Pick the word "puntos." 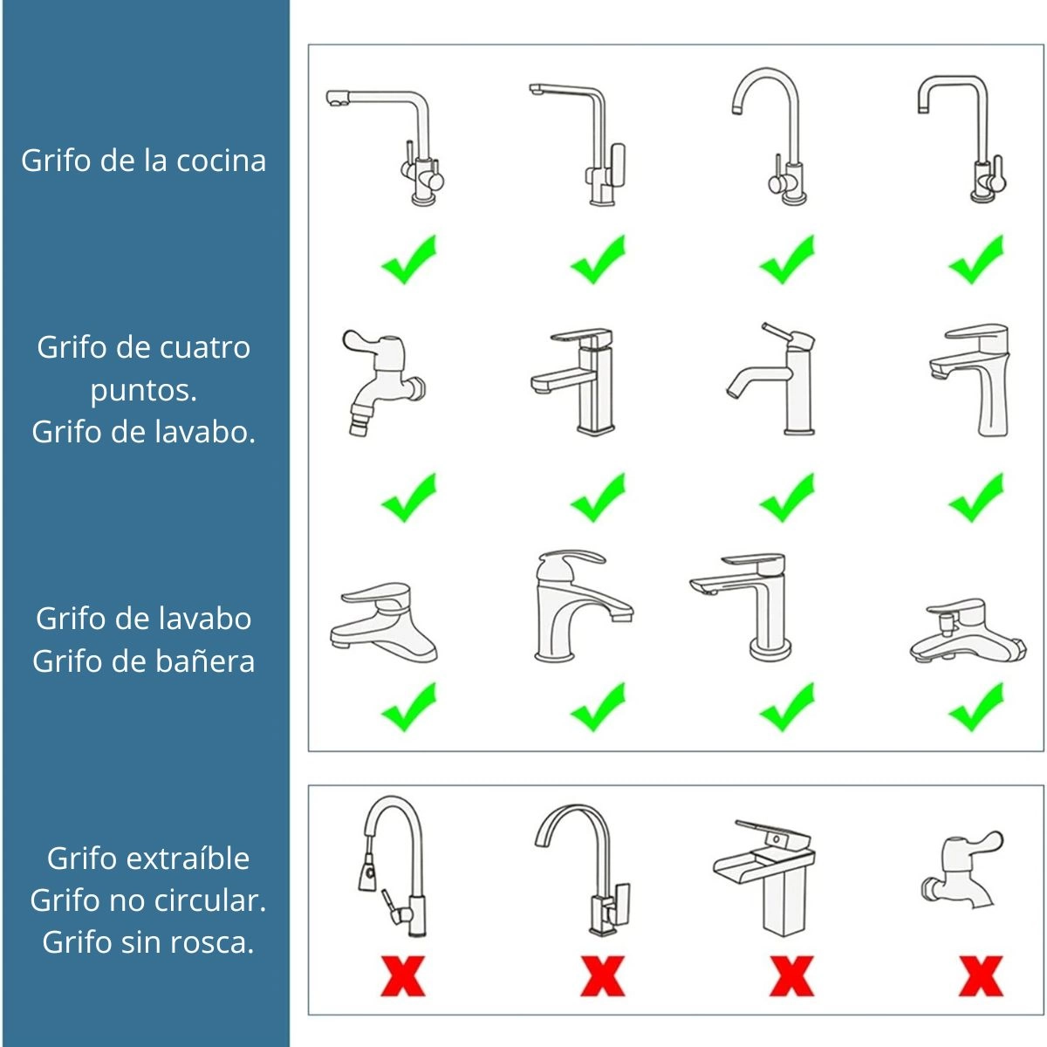coord(143,391)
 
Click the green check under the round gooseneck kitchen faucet coord(787,260)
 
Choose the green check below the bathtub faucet coord(976,707)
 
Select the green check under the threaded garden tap coord(409,497)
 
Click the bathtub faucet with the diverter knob coord(968,631)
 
